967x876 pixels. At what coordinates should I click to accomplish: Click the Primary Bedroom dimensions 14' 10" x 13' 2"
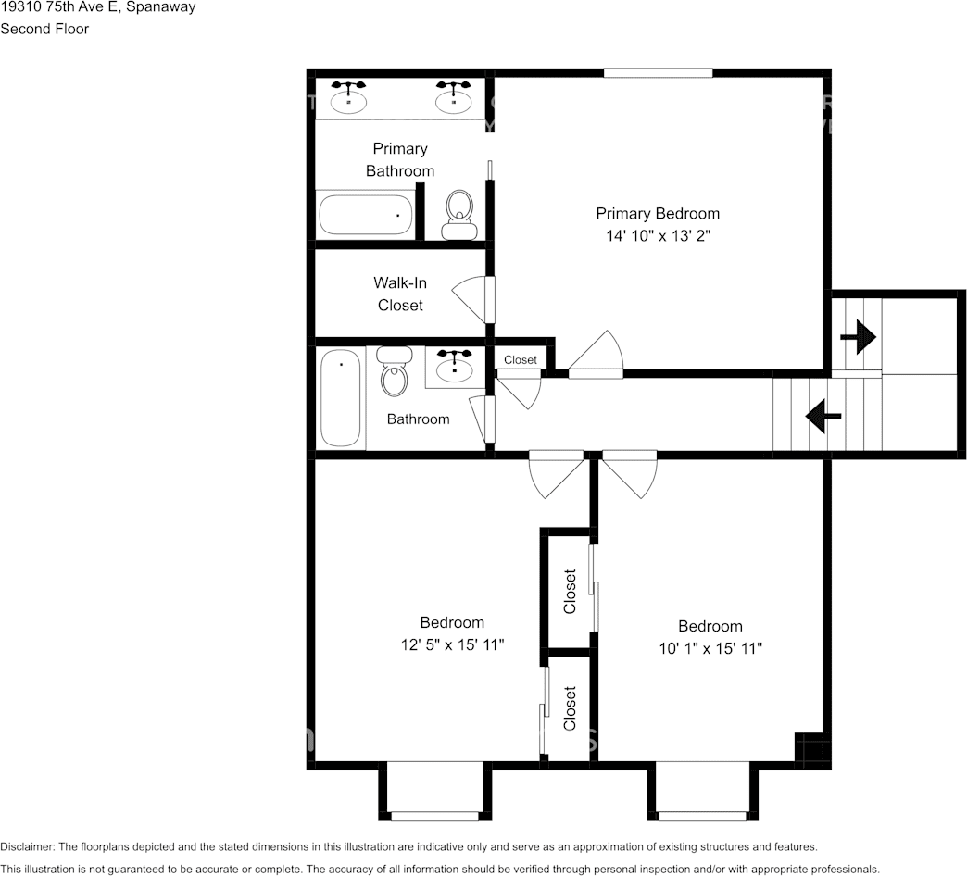(658, 236)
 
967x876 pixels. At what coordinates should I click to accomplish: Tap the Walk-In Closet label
(400, 294)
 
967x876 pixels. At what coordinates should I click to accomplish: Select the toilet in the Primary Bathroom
(458, 215)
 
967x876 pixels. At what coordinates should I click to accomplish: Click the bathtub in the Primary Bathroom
(365, 215)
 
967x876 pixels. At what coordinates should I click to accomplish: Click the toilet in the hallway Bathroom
(394, 371)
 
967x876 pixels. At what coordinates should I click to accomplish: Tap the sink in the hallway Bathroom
(455, 366)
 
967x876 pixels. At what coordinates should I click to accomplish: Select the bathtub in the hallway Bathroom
(341, 398)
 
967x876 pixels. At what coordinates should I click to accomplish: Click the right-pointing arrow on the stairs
(859, 336)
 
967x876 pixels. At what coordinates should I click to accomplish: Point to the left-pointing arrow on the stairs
(823, 416)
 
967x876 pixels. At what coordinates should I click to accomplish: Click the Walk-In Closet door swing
(470, 300)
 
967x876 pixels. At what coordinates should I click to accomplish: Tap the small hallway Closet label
(521, 360)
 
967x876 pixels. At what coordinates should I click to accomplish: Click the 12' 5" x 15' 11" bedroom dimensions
(452, 644)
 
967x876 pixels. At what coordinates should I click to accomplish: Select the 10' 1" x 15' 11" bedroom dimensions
(710, 648)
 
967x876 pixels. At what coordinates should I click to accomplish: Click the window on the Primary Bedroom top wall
(658, 73)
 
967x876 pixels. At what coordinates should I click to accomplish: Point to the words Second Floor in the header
(44, 29)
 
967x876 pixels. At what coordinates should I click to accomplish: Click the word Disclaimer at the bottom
(27, 847)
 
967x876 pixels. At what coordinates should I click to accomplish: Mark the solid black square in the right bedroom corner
(809, 746)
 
